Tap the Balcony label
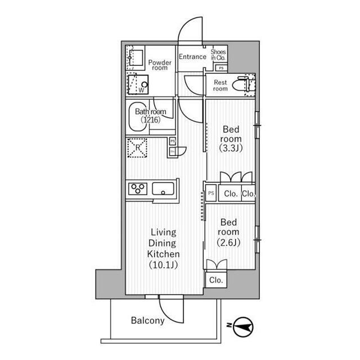coord(147,321)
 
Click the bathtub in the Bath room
coord(138,116)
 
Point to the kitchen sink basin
coord(163,189)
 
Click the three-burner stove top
coord(138,189)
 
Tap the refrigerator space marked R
coord(137,147)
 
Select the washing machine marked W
coord(138,84)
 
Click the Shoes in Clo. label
coord(218,55)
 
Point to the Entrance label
coord(192,57)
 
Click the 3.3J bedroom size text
coord(231,148)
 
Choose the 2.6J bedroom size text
coord(229,242)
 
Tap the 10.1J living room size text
coord(164,265)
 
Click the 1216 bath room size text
coord(151,120)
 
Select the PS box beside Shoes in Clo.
coord(221,68)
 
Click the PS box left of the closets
coord(211,193)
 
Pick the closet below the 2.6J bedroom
coord(216,280)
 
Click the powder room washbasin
coord(135,58)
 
